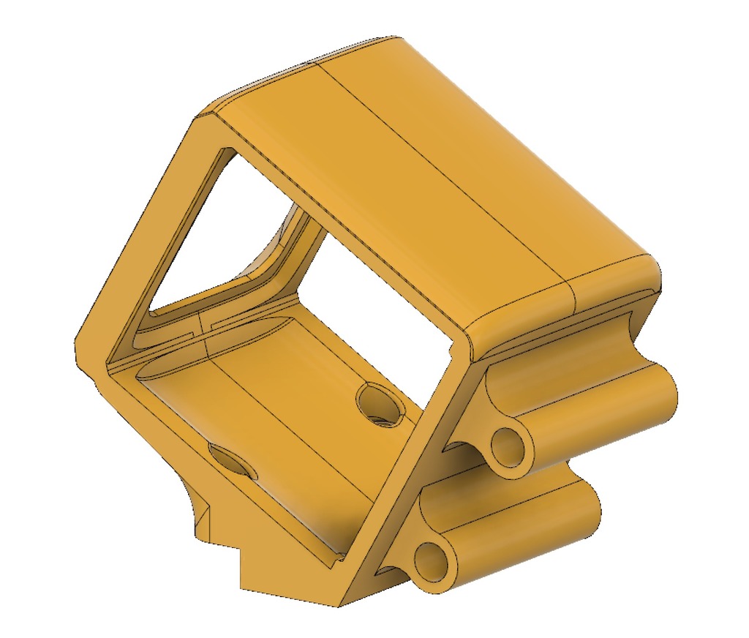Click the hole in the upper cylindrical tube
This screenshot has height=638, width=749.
(509, 443)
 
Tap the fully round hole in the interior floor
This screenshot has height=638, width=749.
(380, 402)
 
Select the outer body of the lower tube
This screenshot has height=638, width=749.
(527, 512)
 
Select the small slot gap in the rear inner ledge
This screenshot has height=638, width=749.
(203, 323)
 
